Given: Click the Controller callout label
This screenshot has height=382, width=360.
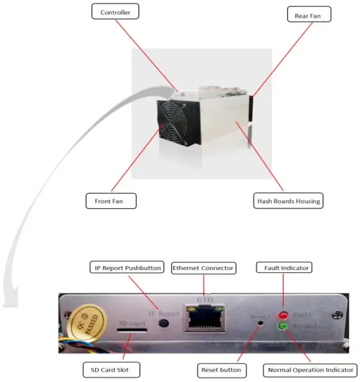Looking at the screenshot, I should click(x=114, y=13).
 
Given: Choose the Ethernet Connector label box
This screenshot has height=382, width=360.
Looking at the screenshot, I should click(x=204, y=267).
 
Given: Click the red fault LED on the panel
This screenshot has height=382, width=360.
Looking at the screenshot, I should click(x=284, y=314).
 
